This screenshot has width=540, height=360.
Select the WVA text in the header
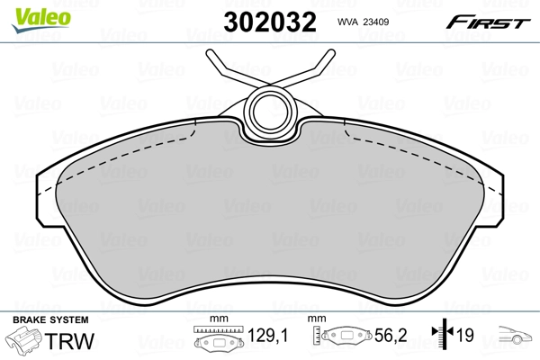tap(348, 25)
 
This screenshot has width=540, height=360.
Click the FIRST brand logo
tap(484, 22)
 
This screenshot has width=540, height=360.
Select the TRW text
tap(68, 340)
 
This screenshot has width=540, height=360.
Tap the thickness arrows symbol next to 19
tap(440, 337)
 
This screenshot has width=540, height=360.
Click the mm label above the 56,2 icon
tap(316, 320)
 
